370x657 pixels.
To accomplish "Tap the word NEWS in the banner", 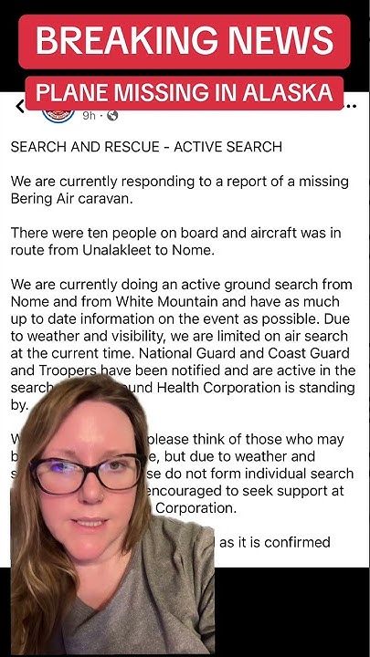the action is tap(275, 40).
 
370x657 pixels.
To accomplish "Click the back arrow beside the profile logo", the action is tap(20, 108).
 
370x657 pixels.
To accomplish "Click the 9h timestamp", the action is tap(90, 116).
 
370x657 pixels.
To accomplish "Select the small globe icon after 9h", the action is tap(112, 116).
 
